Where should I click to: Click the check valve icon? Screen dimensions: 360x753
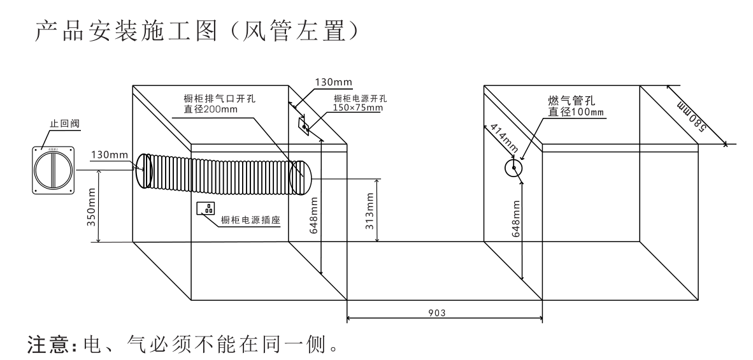click(54, 169)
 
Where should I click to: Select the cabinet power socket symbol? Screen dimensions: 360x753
click(208, 208)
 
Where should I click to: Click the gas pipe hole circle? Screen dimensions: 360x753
click(513, 168)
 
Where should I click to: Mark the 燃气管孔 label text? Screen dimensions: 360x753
click(572, 101)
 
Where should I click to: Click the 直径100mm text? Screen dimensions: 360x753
click(577, 112)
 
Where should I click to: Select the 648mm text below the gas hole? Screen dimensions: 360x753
click(517, 220)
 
